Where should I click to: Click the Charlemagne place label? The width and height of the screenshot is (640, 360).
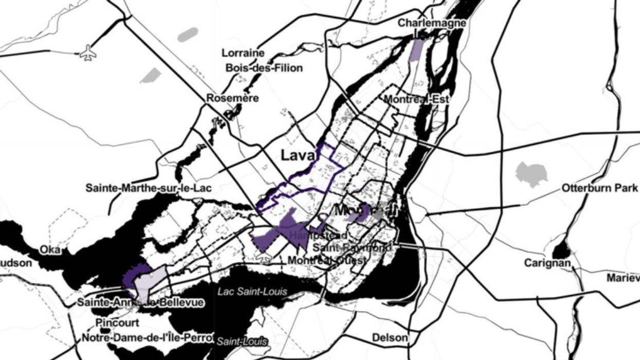(x=432, y=23)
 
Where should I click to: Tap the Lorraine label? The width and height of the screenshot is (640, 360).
(x=243, y=53)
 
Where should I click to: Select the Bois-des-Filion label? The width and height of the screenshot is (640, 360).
(x=264, y=68)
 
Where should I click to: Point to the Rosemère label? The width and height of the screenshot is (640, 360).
(x=232, y=98)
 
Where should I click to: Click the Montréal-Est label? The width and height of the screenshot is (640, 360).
(x=417, y=99)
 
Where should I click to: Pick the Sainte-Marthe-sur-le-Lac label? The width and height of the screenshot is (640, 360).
(x=149, y=188)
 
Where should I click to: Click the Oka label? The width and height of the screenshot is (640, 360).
(x=51, y=250)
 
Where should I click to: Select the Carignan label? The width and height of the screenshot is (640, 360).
(x=547, y=263)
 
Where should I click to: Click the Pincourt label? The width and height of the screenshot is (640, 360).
(x=117, y=323)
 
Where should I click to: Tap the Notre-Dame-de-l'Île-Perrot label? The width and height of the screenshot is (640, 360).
(x=147, y=338)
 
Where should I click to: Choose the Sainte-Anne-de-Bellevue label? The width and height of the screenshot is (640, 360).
(x=140, y=302)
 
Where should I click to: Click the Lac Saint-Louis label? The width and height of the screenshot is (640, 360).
(x=252, y=292)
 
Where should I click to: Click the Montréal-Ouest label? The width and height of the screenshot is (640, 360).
(x=327, y=261)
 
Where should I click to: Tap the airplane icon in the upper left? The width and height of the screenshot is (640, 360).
(x=88, y=52)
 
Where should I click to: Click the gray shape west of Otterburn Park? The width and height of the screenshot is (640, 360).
(x=531, y=174)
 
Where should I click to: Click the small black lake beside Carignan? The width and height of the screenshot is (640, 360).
(x=561, y=251)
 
